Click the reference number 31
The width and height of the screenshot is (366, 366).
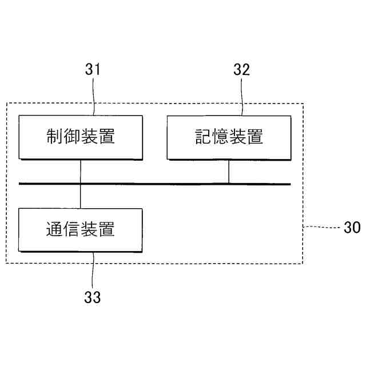click(93, 70)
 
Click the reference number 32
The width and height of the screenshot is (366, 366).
click(242, 70)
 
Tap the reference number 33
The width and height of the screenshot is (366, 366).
click(93, 297)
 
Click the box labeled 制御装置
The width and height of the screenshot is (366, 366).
click(81, 137)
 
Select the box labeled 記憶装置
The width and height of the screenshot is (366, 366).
click(229, 137)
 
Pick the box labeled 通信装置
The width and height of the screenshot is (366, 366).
click(81, 229)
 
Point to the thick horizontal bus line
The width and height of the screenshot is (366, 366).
click(154, 184)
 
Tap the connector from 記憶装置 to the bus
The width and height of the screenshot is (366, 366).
click(229, 171)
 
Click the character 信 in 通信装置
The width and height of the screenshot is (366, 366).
click(72, 229)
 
